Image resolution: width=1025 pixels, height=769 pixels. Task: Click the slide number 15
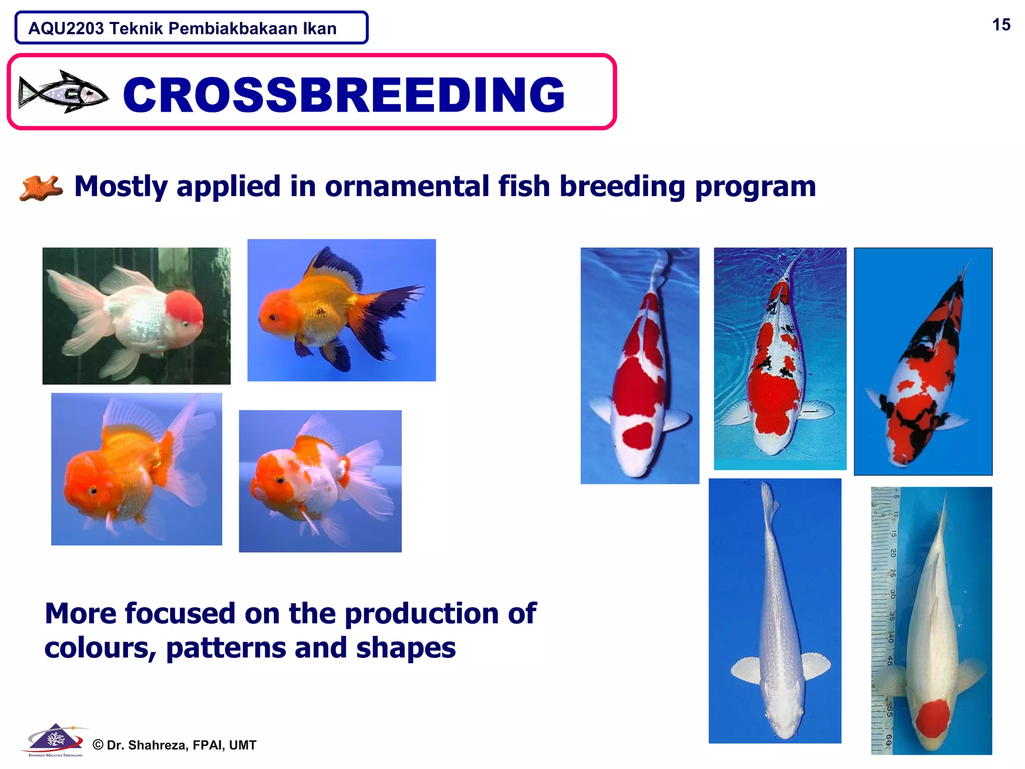(x=1001, y=25)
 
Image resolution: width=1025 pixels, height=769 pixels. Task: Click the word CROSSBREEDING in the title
(x=344, y=95)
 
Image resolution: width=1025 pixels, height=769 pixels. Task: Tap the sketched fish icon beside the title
(x=64, y=92)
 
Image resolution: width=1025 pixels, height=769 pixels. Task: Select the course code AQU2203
(x=66, y=29)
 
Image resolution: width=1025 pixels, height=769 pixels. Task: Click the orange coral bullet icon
(x=41, y=188)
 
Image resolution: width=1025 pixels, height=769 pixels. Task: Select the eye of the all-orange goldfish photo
(x=94, y=490)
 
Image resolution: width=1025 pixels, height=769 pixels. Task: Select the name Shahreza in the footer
(x=155, y=745)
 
